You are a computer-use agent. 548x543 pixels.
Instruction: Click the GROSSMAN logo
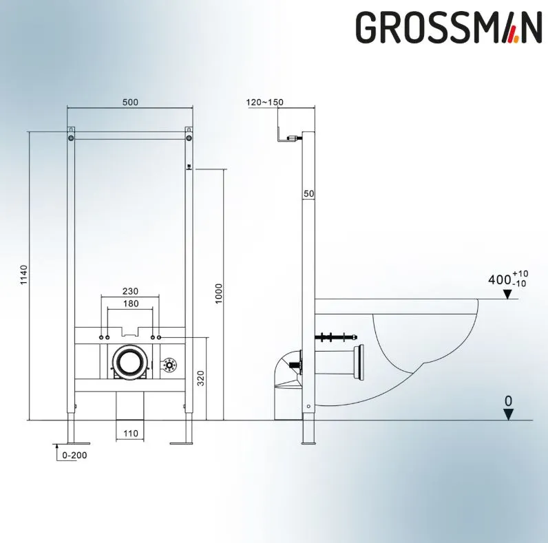click(x=448, y=28)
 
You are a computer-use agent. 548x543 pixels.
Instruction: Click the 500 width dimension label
click(x=130, y=102)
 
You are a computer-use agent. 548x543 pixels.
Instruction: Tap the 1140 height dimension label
click(x=23, y=275)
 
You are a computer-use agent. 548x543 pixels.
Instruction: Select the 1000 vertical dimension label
click(x=218, y=293)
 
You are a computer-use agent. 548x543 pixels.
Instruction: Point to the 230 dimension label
click(x=130, y=291)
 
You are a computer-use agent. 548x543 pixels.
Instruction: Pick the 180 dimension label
click(x=131, y=304)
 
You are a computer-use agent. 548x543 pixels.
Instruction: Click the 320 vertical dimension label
click(x=200, y=379)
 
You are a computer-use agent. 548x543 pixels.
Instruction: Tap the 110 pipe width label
click(x=131, y=434)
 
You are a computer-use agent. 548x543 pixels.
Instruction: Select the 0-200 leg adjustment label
click(x=74, y=456)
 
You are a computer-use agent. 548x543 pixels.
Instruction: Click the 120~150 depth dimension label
click(x=265, y=102)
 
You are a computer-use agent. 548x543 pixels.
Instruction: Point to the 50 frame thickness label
click(x=309, y=193)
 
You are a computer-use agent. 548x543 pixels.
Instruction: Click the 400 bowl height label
click(x=499, y=280)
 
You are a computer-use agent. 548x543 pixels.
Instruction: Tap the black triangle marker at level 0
click(x=509, y=415)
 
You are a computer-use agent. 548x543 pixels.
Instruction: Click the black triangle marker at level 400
click(x=507, y=295)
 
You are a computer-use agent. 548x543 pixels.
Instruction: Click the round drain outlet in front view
click(x=129, y=362)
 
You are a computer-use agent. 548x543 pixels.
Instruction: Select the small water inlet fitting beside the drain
click(x=169, y=365)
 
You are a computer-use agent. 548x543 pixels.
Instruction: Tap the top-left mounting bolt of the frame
click(x=71, y=138)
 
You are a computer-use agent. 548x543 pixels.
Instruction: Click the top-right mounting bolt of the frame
click(x=189, y=138)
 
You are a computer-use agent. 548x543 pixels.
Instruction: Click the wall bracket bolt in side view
click(x=293, y=138)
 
